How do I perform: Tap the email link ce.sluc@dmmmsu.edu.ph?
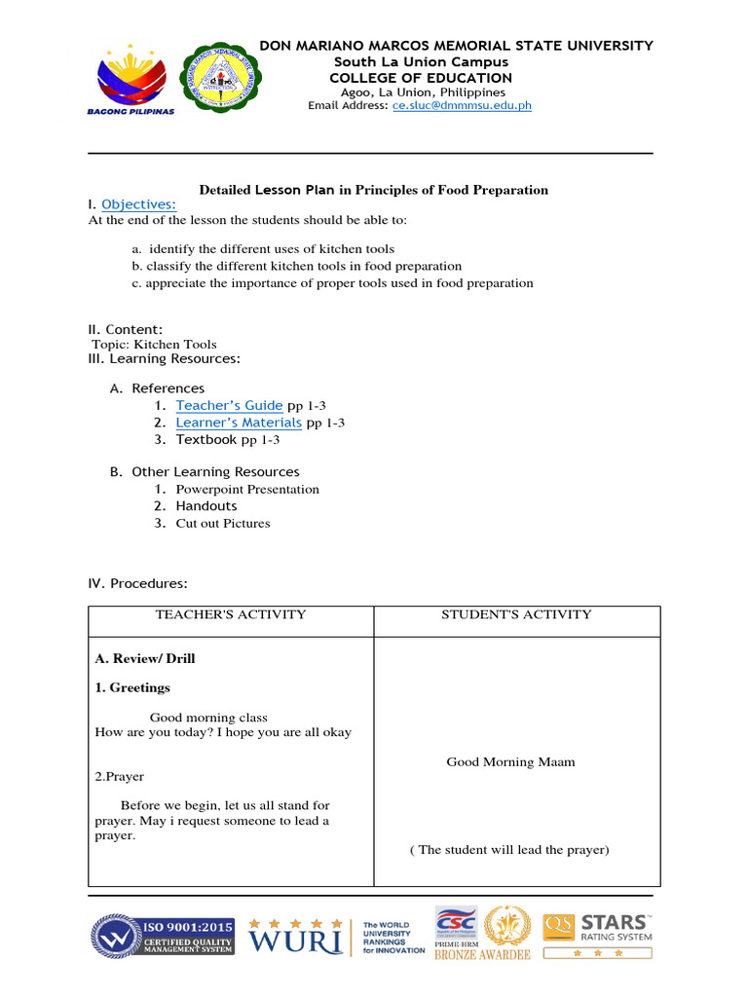point(462,105)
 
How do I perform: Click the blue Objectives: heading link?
point(138,204)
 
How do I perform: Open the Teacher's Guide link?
point(229,405)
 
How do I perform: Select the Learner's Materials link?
point(239,423)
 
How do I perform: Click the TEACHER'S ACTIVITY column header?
point(231,614)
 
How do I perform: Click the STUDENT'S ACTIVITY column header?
point(516,614)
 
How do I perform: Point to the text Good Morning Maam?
point(510,762)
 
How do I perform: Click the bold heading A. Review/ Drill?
point(144,659)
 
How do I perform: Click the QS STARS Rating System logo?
point(599,933)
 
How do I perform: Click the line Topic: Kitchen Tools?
point(154,345)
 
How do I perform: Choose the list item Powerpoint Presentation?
point(247,490)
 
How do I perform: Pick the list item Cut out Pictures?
point(223,524)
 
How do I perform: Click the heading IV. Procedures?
point(137,584)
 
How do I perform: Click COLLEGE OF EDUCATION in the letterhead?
point(421,78)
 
